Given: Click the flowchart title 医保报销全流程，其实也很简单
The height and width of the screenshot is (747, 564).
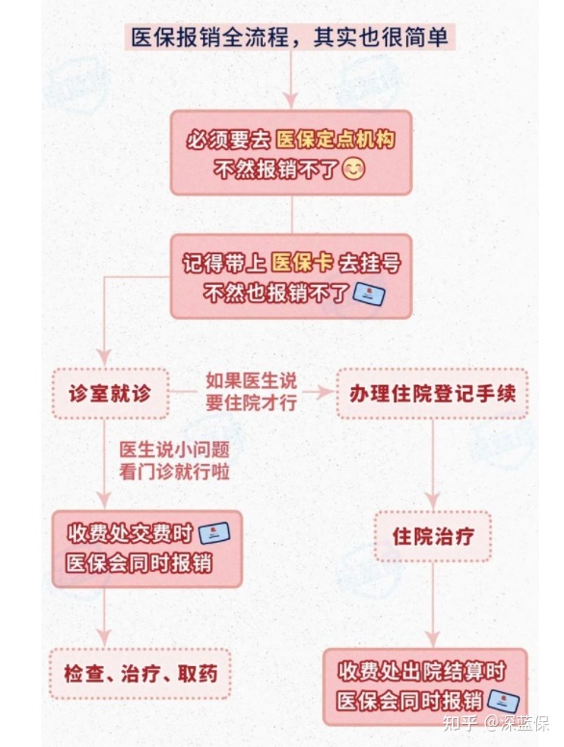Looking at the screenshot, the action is click(290, 38).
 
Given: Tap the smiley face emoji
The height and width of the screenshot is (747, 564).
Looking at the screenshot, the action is click(353, 168).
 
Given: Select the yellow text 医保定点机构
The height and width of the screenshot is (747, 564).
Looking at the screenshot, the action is click(335, 140).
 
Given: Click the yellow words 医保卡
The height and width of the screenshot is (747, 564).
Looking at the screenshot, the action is click(301, 263).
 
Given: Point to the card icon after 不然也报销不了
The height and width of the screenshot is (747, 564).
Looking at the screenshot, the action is click(369, 295).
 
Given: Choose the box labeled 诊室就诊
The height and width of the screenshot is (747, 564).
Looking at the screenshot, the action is click(110, 394).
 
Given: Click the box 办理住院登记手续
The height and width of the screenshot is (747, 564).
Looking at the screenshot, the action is click(432, 394).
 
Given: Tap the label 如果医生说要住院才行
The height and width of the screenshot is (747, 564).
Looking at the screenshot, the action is click(251, 392).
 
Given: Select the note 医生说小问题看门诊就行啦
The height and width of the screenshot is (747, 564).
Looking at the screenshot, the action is click(174, 461).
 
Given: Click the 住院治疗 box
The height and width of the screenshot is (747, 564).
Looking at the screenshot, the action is click(432, 536).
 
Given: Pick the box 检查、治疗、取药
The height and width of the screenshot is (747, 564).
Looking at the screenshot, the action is click(141, 674).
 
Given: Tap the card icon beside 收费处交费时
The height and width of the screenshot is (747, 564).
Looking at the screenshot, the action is click(214, 533).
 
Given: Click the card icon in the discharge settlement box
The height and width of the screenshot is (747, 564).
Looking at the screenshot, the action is click(503, 702).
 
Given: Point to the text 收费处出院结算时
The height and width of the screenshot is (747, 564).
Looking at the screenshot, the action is click(422, 671).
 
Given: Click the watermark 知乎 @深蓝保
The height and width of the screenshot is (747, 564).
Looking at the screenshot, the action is click(496, 723).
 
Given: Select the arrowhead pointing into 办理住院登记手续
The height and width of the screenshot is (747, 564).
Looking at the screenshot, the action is click(324, 393).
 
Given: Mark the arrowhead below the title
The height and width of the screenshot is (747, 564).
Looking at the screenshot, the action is click(290, 100).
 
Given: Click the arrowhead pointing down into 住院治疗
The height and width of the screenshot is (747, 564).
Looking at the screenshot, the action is click(432, 502).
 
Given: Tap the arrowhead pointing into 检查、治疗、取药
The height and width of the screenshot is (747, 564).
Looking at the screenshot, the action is click(104, 638).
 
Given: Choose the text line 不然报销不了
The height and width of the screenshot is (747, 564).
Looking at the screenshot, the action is click(275, 169).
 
